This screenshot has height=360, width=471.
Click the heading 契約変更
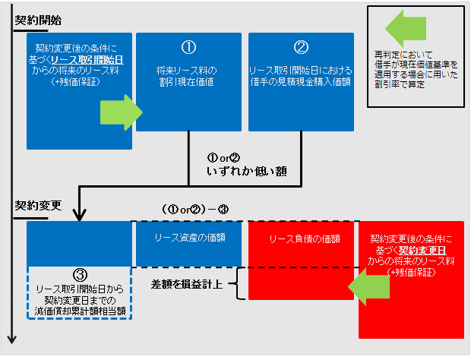point(37,207)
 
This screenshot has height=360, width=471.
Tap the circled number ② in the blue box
point(301,47)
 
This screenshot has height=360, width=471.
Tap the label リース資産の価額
point(190,238)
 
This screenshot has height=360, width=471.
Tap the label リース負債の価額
point(301,238)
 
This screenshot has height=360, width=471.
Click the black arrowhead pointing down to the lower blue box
point(79,216)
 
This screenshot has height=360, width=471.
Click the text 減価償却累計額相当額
point(79,311)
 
